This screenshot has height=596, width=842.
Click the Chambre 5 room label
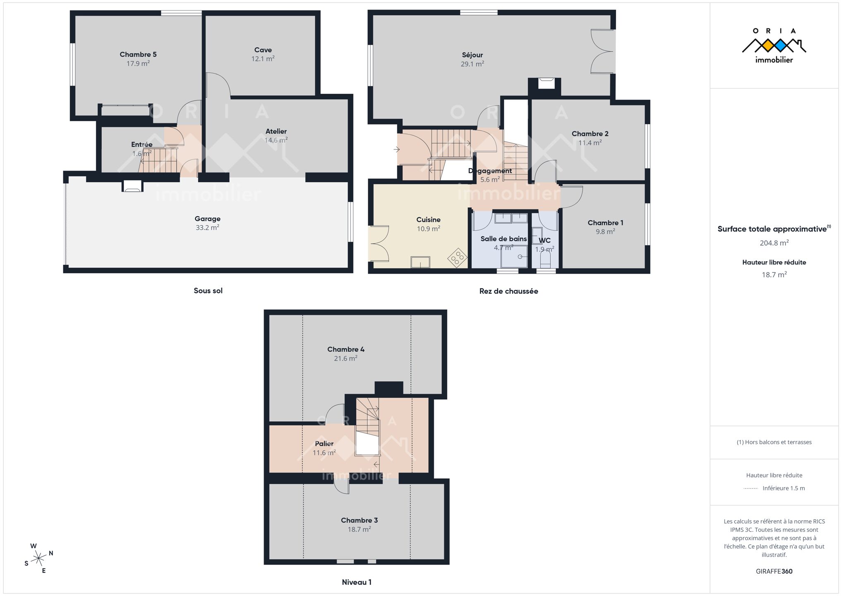click(138, 54)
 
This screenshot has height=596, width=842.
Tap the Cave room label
click(263, 50)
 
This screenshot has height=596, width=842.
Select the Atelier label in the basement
click(276, 131)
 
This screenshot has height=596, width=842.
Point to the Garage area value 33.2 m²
click(208, 228)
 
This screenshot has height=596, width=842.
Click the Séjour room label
click(473, 55)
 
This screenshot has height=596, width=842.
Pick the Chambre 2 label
click(590, 134)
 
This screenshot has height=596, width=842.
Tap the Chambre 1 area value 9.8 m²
click(605, 232)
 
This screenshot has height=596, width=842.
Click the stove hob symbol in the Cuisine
click(457, 257)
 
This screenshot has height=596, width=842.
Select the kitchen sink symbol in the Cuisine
click(420, 262)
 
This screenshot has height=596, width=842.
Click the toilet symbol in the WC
click(545, 260)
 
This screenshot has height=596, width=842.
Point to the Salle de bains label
click(504, 239)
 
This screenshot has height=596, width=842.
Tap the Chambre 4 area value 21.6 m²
click(346, 358)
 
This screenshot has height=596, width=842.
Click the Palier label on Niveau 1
click(324, 444)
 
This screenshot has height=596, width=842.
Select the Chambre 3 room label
click(359, 520)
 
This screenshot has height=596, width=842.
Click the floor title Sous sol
click(208, 291)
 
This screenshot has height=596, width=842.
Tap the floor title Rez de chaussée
click(509, 291)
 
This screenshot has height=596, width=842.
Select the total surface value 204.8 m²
click(774, 243)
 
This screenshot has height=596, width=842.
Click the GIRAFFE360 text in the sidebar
click(774, 571)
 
